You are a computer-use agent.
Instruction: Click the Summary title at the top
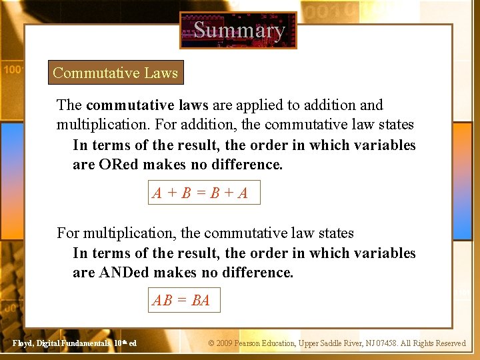click(239, 31)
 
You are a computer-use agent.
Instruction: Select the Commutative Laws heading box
click(115, 73)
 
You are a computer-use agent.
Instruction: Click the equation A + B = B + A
click(200, 193)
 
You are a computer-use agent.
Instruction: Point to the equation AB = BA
click(181, 301)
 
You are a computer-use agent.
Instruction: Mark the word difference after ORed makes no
click(250, 164)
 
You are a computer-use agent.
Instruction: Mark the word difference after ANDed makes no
click(260, 272)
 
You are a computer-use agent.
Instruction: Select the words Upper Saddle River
click(333, 343)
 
